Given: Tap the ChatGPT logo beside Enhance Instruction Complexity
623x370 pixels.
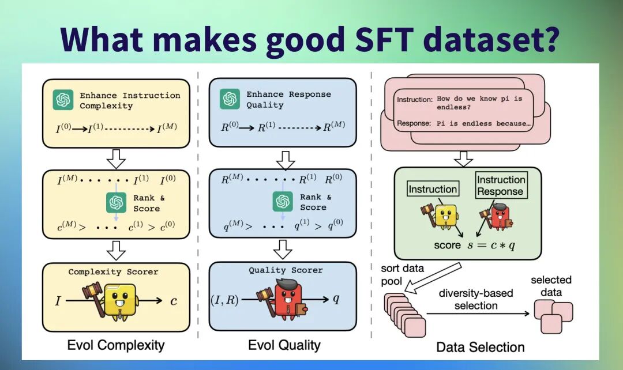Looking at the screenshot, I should (63, 100).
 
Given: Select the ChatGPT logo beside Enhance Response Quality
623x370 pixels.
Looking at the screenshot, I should (230, 99).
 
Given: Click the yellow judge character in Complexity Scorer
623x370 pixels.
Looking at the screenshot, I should (120, 301).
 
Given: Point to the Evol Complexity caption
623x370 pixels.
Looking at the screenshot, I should (116, 345).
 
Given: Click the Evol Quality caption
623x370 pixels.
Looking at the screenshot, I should (284, 345).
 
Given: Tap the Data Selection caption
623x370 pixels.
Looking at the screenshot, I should (480, 347).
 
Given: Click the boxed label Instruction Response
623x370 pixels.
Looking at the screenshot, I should (501, 186).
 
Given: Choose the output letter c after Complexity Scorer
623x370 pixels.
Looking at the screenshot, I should (173, 300).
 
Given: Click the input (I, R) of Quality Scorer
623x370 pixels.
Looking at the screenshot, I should (224, 299).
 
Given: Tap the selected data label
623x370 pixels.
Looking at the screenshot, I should (551, 286).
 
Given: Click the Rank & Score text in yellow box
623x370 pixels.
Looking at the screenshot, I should (149, 202).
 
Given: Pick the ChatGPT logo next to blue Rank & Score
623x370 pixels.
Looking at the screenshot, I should (282, 202).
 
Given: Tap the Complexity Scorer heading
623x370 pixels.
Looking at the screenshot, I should (113, 271).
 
